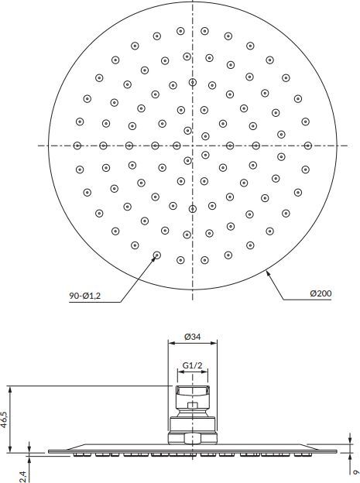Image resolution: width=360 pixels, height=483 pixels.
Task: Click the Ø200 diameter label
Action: click(x=321, y=293)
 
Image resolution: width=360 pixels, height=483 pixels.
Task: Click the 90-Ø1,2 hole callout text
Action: click(x=84, y=296)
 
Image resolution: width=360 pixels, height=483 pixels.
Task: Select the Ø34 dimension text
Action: click(x=192, y=337)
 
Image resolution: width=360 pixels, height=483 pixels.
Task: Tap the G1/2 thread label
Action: click(x=192, y=365)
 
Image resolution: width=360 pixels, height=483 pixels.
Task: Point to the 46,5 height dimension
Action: click(x=4, y=419)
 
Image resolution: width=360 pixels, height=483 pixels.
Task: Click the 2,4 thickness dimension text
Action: click(x=22, y=476)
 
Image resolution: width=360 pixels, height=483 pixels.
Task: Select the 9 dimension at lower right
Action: click(x=356, y=472)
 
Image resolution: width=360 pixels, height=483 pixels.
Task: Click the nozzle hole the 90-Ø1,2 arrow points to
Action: click(x=157, y=255)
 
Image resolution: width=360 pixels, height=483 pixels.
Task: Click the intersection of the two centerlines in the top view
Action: click(x=193, y=146)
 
